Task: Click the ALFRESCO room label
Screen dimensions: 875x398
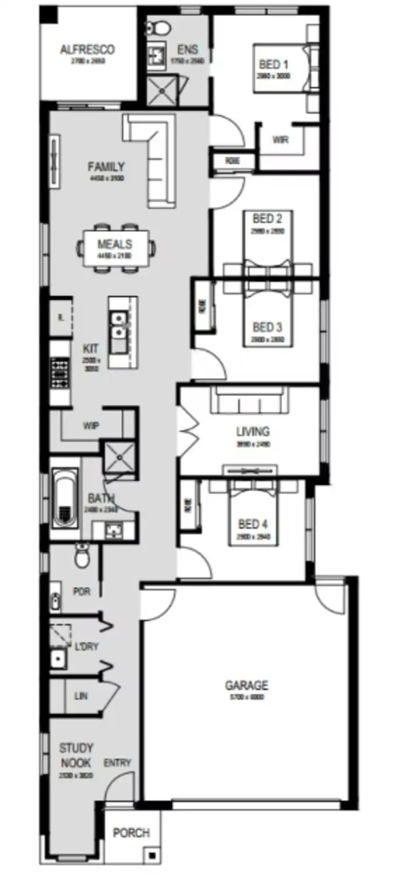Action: point(87,50)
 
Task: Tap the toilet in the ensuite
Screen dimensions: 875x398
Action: point(158,27)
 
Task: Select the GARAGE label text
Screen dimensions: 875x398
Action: point(247,685)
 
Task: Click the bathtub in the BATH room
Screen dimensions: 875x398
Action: point(65,497)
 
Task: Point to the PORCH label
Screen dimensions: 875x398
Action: point(131,832)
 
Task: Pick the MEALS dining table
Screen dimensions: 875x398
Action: point(115,248)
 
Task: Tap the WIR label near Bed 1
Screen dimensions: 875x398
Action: point(280,140)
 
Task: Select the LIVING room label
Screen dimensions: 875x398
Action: point(252,432)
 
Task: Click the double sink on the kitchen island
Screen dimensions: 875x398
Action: point(119,325)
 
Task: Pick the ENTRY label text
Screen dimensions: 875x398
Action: point(117,763)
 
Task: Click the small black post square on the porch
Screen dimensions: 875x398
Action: point(152,856)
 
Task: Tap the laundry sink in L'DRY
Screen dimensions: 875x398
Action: point(58,660)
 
